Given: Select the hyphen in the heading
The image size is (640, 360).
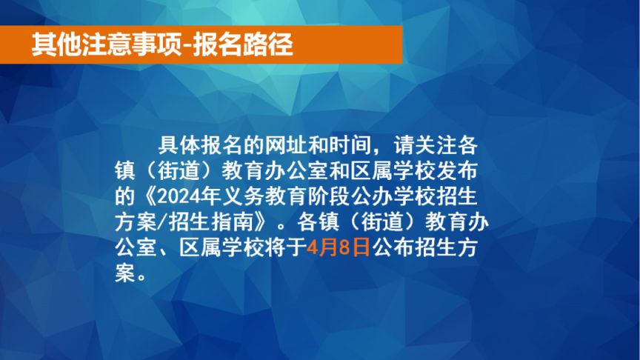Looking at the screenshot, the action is pyautogui.click(x=187, y=46).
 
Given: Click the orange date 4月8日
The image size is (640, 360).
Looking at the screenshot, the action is pyautogui.click(x=338, y=247).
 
